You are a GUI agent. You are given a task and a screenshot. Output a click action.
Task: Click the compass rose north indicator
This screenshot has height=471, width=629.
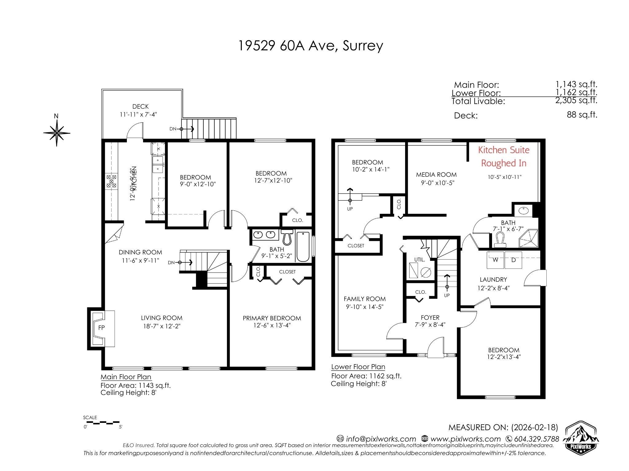(x=57, y=132)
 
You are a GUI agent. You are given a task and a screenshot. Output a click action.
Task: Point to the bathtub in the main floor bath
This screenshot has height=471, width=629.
(x=303, y=247)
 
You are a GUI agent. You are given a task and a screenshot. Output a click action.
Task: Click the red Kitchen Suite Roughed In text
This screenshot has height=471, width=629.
(x=504, y=156)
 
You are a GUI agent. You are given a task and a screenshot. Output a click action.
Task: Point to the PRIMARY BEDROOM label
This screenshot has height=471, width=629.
(x=272, y=318)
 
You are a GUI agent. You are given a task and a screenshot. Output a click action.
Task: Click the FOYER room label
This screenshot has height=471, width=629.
(x=430, y=318)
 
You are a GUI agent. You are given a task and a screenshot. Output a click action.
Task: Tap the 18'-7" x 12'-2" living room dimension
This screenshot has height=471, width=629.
(x=162, y=326)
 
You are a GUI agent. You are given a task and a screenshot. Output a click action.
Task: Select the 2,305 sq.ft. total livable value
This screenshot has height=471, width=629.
(x=576, y=100)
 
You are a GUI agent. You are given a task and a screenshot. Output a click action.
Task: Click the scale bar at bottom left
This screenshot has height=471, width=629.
(x=102, y=423)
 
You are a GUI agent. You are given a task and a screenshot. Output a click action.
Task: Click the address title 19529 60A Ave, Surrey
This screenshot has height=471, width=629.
(x=311, y=46)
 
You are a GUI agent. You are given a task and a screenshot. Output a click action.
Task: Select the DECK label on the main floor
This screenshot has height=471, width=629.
(x=140, y=106)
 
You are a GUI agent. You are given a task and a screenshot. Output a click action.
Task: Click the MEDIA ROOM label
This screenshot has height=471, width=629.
(x=436, y=175)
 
